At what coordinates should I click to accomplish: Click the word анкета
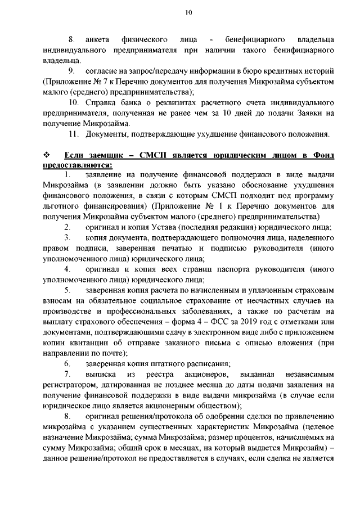(x=96, y=40)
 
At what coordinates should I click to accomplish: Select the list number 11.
(x=73, y=133)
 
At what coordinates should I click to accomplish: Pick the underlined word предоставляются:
(x=77, y=165)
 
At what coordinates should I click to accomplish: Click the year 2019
(x=250, y=321)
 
